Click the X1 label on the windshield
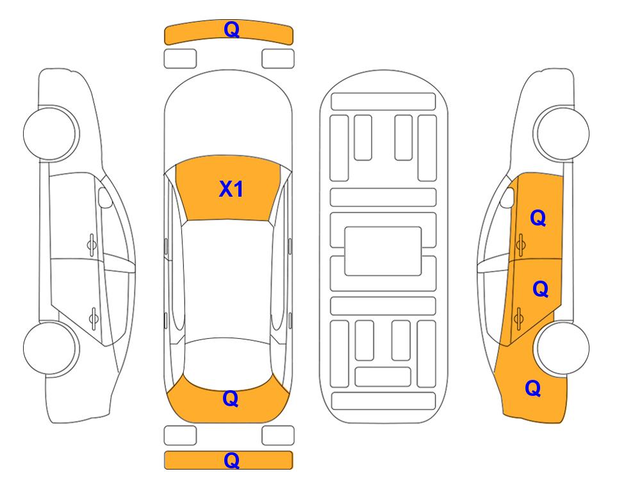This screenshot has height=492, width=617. (x=231, y=189)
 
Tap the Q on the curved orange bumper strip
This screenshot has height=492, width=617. (x=231, y=29)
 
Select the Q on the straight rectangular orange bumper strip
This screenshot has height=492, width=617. (x=231, y=460)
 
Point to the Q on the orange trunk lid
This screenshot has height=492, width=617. (x=231, y=398)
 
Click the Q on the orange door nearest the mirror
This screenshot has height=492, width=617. (x=538, y=218)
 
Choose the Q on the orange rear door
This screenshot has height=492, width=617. (x=540, y=290)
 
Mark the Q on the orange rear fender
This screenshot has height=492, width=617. (x=533, y=388)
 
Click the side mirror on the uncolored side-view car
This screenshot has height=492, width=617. (x=104, y=197)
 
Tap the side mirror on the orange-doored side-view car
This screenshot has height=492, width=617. (x=507, y=197)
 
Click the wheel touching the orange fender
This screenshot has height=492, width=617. (x=563, y=348)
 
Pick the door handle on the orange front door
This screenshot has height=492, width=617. (x=521, y=245)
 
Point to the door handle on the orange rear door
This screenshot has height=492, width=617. (x=518, y=318)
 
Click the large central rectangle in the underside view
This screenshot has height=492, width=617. (x=383, y=251)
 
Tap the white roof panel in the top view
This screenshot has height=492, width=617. (x=228, y=280)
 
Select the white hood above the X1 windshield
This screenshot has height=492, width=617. (x=228, y=118)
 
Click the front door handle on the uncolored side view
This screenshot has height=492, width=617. (x=92, y=245)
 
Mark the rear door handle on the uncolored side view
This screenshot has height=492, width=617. (x=94, y=318)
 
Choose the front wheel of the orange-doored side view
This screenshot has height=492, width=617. (x=562, y=133)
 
